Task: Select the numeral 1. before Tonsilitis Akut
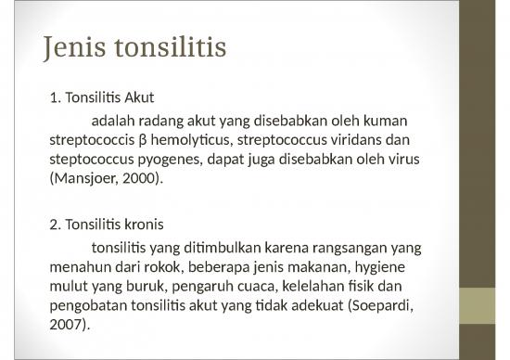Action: point(53,97)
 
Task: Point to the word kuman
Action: point(386,122)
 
